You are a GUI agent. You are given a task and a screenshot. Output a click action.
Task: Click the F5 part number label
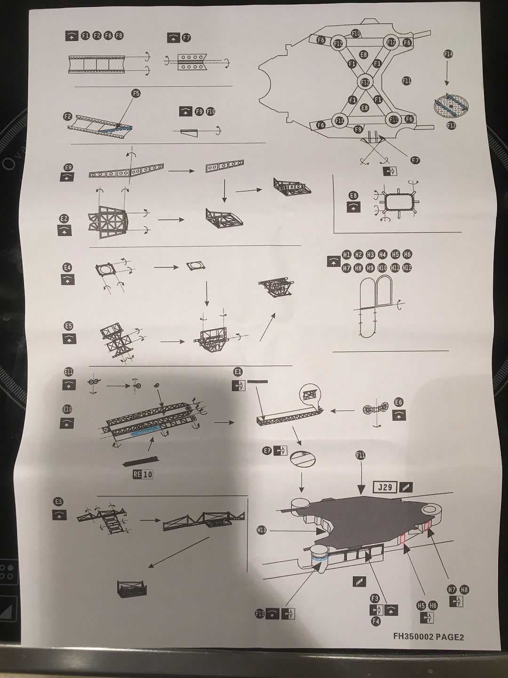pos(136,94)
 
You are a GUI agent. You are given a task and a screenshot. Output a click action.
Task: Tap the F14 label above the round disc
pos(448,54)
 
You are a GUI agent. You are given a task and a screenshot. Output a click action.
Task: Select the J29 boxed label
pos(385,487)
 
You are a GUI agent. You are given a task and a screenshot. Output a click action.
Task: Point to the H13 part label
pos(262,530)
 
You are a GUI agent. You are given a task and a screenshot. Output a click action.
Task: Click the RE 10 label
pos(143,474)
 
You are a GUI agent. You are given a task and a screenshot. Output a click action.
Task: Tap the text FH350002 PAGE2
pos(428,637)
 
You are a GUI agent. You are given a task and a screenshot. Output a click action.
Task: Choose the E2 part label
pos(65,218)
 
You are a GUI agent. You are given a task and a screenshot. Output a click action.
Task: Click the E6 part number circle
pos(398,402)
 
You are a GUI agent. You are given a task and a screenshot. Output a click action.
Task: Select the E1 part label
pos(238,372)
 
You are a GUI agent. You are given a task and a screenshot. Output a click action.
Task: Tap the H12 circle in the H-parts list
pos(407,268)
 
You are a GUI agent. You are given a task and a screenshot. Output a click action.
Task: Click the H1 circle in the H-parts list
pos(347,255)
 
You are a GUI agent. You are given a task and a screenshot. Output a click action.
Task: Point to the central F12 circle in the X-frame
pos(365,82)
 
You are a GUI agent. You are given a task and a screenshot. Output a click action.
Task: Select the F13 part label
pos(260,613)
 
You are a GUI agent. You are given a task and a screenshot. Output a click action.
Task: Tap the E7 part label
pos(267,451)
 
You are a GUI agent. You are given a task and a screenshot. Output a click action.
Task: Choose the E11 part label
pos(69,372)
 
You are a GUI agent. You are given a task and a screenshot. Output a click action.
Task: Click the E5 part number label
pos(69,326)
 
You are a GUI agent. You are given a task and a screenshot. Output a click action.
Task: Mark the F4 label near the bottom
pos(375,621)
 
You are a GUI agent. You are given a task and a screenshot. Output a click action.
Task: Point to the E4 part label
pos(68,267)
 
